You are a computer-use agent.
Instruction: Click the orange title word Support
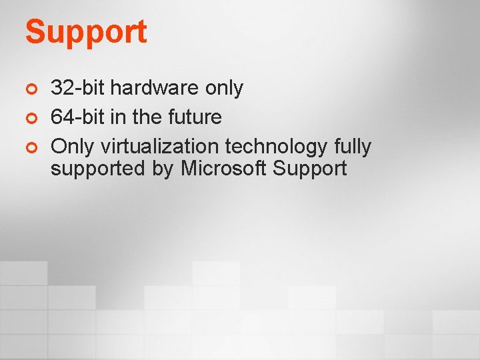click(86, 32)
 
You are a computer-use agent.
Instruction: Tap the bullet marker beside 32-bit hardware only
click(29, 88)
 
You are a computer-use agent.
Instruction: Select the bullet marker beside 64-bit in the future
click(29, 117)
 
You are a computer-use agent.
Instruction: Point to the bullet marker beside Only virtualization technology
click(29, 147)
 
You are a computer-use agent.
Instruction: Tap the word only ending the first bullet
click(225, 87)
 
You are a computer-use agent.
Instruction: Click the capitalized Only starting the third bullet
click(73, 146)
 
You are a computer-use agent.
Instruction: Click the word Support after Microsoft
click(309, 169)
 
